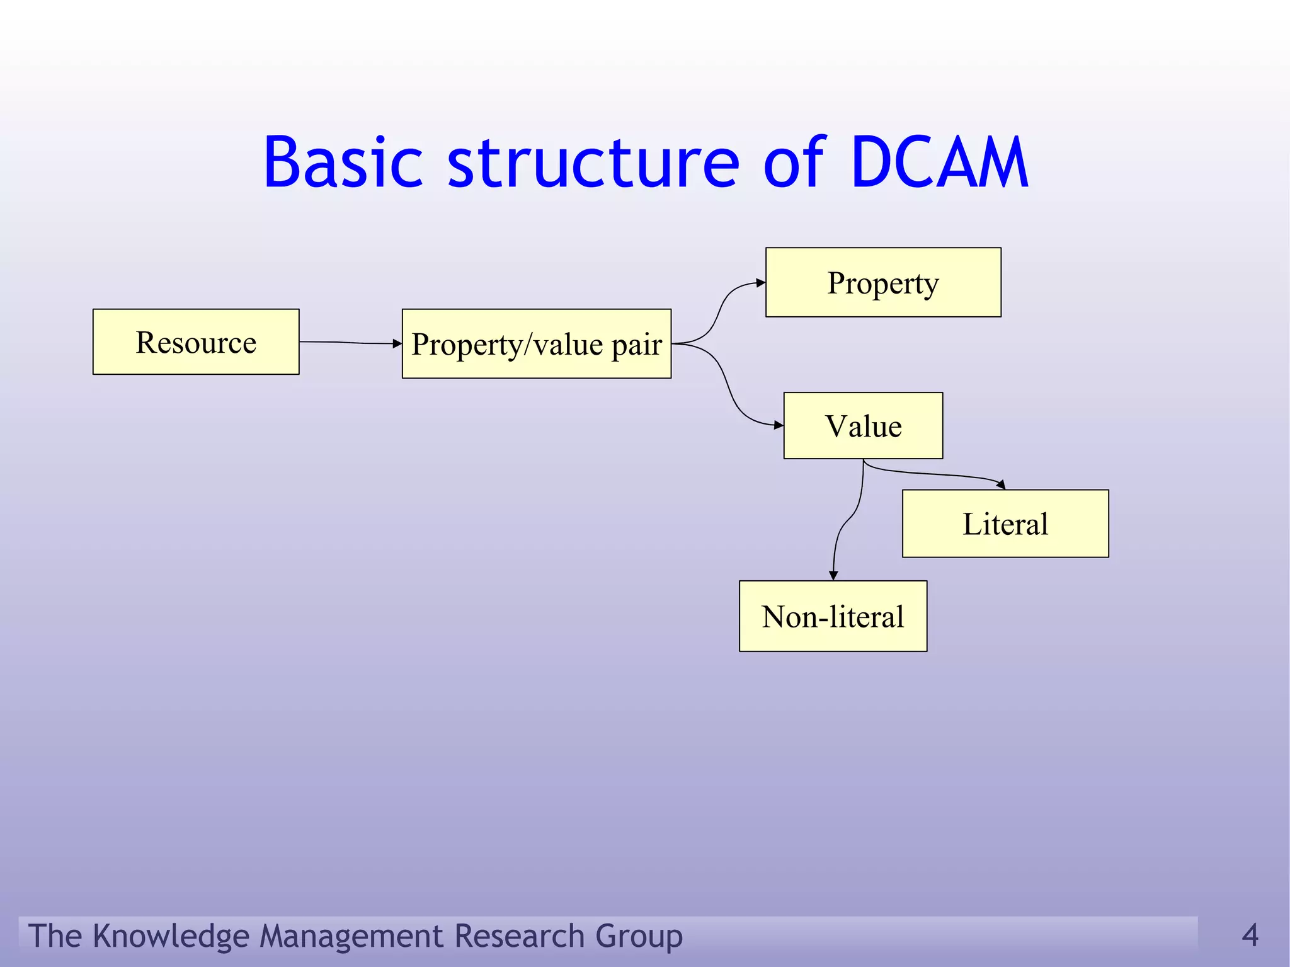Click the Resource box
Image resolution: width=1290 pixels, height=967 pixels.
tap(196, 342)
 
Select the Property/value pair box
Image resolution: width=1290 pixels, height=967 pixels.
tap(536, 344)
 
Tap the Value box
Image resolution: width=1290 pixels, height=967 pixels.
tap(863, 426)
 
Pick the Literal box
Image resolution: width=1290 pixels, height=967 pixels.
tap(1005, 524)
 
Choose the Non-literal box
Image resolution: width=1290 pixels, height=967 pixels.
tap(833, 616)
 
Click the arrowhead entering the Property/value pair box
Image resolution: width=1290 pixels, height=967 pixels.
tap(397, 343)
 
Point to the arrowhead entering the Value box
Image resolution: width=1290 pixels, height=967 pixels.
tap(779, 425)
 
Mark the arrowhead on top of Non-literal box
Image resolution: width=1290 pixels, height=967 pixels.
tap(833, 575)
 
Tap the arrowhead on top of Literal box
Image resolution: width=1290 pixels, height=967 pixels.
tap(1001, 484)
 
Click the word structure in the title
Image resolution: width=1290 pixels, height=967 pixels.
tap(593, 164)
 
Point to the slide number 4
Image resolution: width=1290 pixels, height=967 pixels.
tap(1250, 935)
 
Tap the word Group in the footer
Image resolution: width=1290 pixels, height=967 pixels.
tap(639, 936)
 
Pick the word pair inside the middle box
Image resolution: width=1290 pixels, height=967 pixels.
tap(637, 345)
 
